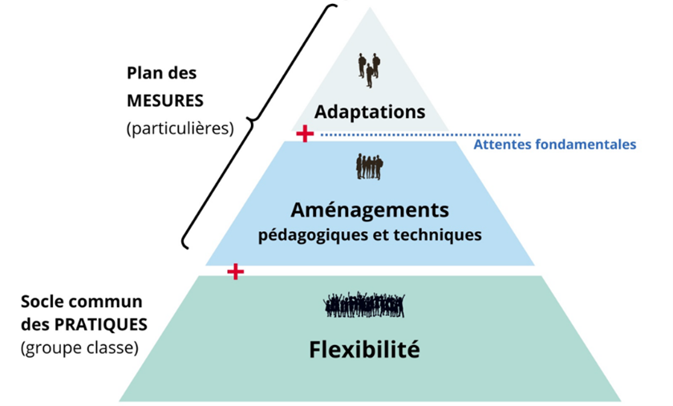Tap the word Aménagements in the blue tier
369,210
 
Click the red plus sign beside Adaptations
304,133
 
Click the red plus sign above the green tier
235,271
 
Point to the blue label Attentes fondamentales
554,145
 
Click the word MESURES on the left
166,102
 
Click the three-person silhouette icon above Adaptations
369,70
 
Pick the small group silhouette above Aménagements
369,167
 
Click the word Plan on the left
141,71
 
